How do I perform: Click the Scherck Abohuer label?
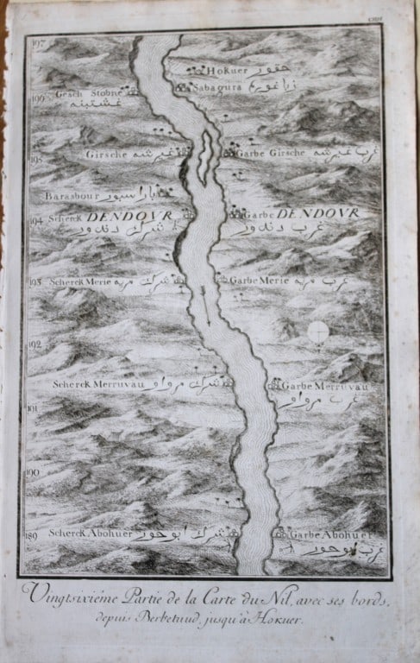coord(87,534)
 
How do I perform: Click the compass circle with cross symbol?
coord(317,331)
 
